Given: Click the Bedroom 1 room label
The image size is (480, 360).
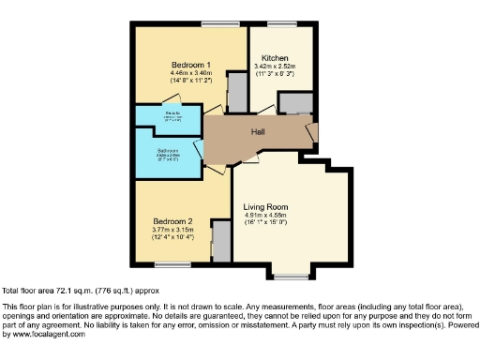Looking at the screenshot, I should click(x=177, y=63).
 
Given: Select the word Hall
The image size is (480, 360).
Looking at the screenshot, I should click(x=257, y=131).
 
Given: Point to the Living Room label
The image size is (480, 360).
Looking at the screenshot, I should click(x=265, y=206).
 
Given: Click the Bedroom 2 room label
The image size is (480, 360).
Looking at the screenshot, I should click(x=172, y=220).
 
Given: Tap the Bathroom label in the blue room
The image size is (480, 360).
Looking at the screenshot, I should click(x=168, y=150).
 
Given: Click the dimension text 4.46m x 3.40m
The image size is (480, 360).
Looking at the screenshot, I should click(x=178, y=72).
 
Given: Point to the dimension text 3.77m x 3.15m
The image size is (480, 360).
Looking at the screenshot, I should click(x=172, y=230).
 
